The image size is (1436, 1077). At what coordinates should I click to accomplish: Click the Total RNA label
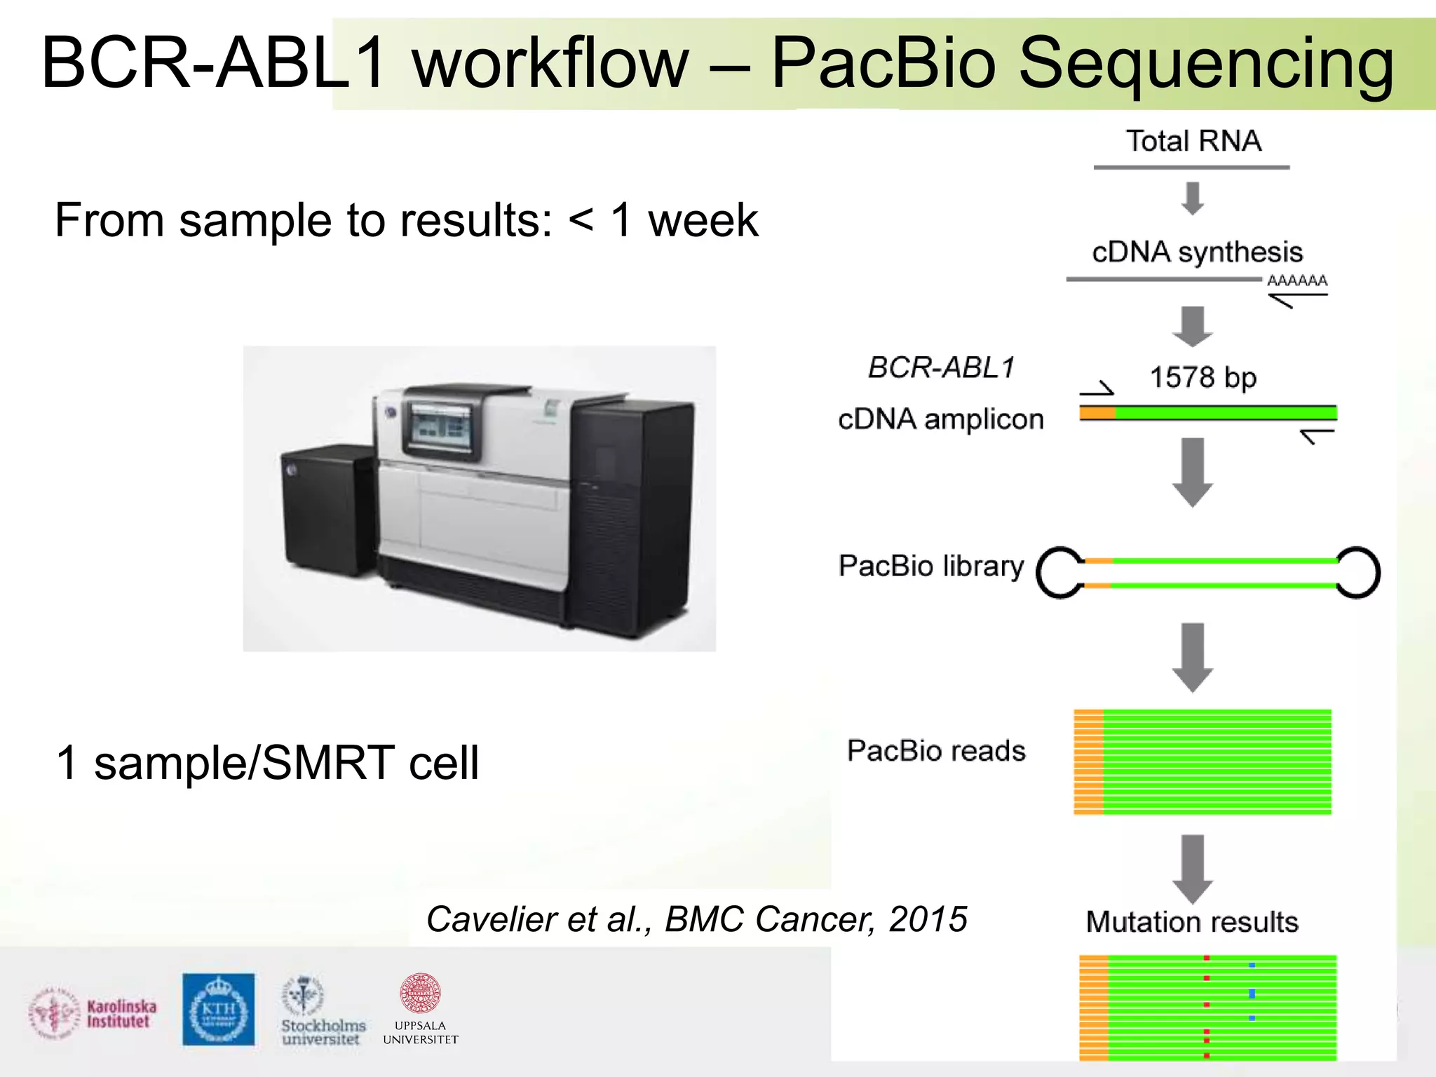1193,141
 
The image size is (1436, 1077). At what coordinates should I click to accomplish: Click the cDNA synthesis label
1197,252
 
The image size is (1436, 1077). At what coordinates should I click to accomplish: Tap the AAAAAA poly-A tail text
1297,280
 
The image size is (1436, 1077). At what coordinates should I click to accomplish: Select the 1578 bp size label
1203,378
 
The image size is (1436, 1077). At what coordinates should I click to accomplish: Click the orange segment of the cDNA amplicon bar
1097,413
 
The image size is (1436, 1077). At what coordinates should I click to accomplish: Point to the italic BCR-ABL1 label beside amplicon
941,367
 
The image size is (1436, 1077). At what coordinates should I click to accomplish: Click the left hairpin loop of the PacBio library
1059,572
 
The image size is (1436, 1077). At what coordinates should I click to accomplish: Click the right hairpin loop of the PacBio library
1358,572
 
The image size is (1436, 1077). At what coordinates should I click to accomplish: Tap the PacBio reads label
936,751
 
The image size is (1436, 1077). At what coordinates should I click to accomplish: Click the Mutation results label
1192,922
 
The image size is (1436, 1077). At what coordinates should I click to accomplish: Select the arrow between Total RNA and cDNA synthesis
1193,198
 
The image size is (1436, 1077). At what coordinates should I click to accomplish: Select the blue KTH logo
219,1009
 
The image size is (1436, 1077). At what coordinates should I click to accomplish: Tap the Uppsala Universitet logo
420,1009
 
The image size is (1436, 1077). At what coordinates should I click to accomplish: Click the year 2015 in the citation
928,919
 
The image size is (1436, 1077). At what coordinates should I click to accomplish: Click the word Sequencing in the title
1205,65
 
